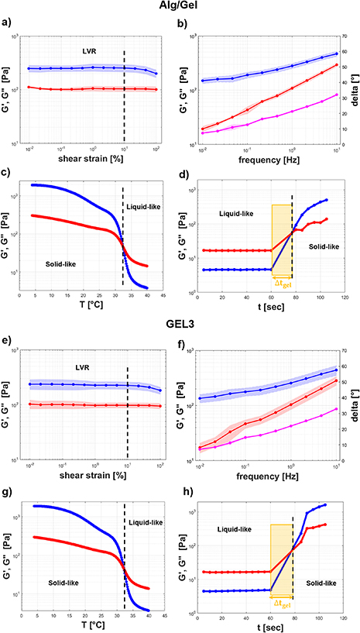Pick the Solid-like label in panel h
(x=319, y=559)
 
